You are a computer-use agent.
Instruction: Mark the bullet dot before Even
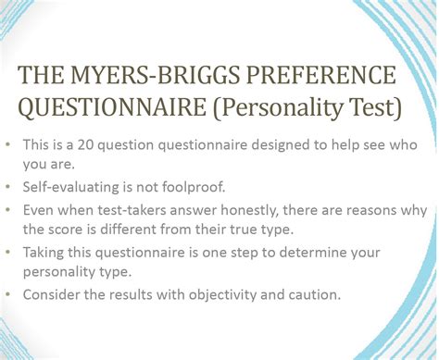coord(10,210)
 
